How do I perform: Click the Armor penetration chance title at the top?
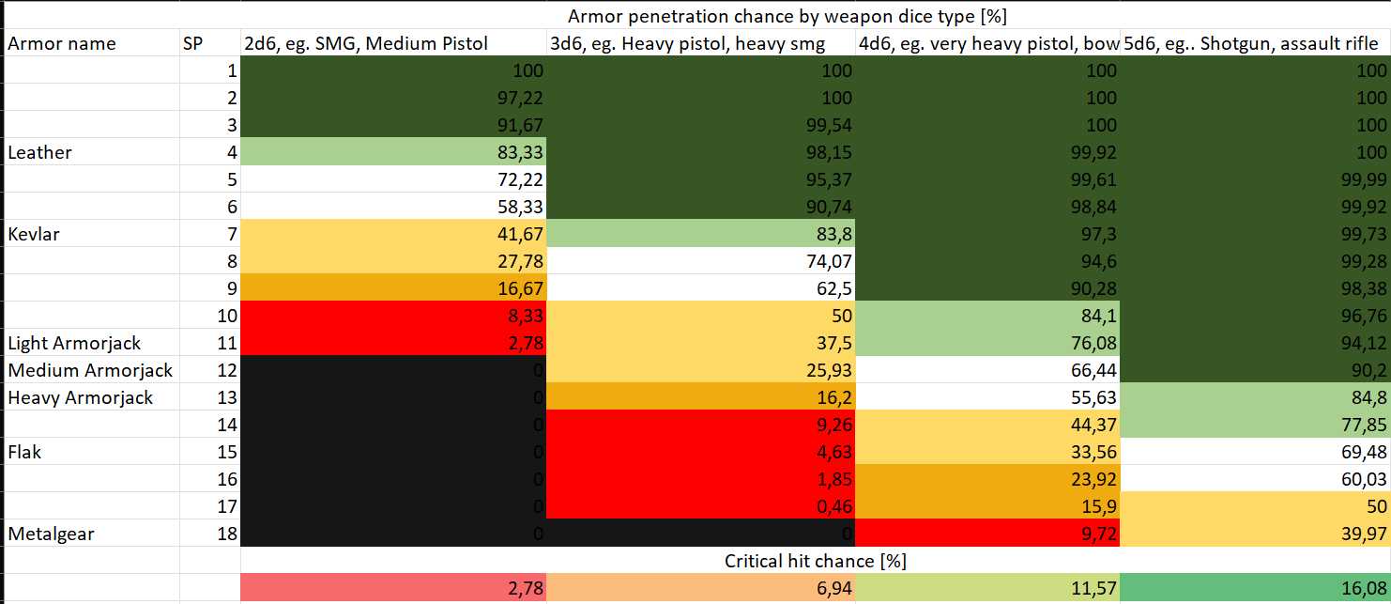click(787, 15)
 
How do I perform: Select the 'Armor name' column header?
click(62, 43)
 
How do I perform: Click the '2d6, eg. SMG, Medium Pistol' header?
click(366, 43)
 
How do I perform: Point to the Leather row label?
click(39, 152)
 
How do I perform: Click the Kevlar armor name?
click(34, 234)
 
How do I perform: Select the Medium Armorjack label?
click(90, 370)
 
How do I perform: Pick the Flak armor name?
click(25, 452)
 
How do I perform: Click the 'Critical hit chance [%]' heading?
click(815, 561)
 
